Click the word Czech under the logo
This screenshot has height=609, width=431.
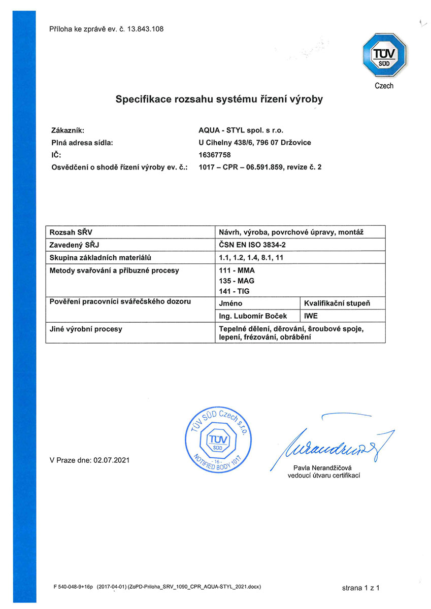click(384, 86)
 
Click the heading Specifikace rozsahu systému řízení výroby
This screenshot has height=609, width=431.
click(219, 99)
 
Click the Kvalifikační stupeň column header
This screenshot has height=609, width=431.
click(337, 303)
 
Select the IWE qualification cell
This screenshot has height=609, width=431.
click(311, 316)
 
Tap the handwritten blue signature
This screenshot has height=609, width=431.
click(333, 442)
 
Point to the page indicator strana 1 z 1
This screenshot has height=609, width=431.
click(361, 588)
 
